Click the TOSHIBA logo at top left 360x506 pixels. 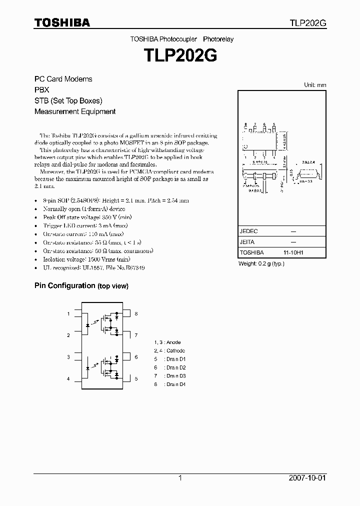click(62, 22)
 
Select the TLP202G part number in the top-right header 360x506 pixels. click(307, 23)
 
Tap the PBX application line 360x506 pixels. click(41, 90)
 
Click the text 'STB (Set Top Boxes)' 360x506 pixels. click(68, 100)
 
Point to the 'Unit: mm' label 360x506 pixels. click(315, 85)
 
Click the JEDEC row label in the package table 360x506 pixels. click(248, 231)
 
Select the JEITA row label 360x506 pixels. click(247, 242)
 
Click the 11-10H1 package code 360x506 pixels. click(293, 253)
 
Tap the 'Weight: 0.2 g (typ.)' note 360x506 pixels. click(261, 263)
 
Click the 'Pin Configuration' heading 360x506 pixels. click(64, 285)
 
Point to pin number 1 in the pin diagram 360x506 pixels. click(68, 314)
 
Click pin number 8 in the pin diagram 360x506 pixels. click(136, 314)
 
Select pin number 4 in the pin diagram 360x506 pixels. click(68, 379)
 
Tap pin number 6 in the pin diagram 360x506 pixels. click(136, 357)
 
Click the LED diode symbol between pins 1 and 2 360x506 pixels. click(88, 324)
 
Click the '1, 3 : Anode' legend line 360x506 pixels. click(167, 342)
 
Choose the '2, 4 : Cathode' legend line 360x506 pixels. click(169, 350)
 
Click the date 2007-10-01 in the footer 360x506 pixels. click(307, 478)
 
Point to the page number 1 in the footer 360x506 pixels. click(180, 478)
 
